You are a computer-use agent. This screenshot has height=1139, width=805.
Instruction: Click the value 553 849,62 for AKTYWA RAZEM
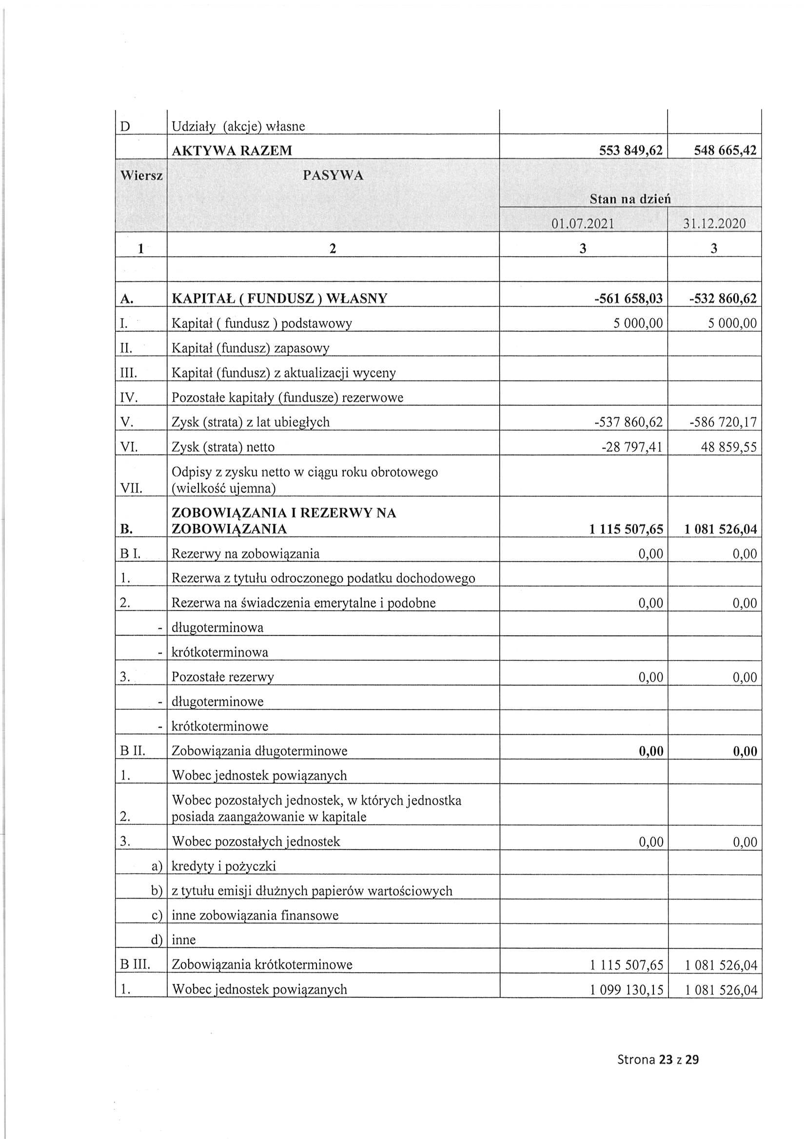(630, 150)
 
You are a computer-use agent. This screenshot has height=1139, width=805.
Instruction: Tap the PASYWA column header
(333, 176)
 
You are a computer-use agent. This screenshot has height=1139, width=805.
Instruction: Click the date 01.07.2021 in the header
(583, 224)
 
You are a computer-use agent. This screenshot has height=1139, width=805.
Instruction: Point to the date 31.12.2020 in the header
(714, 224)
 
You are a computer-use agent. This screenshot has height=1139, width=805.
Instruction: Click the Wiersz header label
(142, 176)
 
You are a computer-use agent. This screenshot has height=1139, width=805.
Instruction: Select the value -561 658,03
(629, 299)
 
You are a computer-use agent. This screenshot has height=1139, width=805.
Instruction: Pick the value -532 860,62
(723, 299)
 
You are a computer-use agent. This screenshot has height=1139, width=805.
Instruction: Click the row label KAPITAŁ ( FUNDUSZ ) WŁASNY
(279, 299)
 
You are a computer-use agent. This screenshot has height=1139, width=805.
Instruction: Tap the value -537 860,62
(628, 422)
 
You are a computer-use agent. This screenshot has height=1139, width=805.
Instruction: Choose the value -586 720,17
(723, 422)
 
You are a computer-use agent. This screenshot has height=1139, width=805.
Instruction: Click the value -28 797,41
(632, 447)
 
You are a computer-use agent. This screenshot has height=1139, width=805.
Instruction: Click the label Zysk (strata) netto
(223, 447)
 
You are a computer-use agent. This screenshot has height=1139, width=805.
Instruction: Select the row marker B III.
(135, 965)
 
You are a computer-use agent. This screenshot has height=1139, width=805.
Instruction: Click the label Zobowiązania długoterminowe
(259, 751)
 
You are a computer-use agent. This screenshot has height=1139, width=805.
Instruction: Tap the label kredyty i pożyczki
(223, 866)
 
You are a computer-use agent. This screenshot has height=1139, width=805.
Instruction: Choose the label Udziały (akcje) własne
(238, 126)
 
